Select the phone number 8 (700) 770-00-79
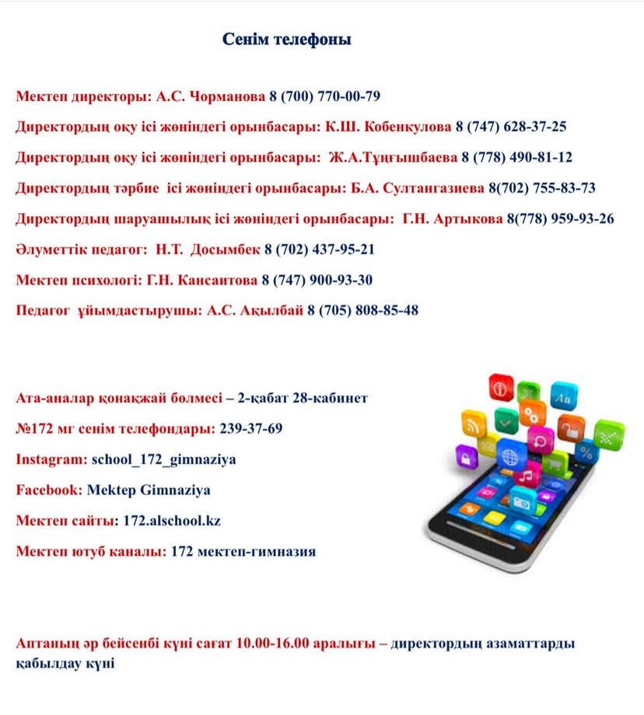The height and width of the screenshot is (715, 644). [324, 97]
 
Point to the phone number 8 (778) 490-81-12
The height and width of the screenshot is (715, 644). [516, 157]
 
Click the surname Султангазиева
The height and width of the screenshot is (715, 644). [439, 188]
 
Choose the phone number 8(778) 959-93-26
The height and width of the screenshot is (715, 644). [560, 219]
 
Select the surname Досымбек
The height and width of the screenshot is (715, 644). [229, 249]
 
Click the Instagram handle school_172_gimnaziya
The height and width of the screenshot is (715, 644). [164, 459]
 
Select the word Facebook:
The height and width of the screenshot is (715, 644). [50, 490]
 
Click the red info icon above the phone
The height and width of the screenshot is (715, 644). [500, 387]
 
